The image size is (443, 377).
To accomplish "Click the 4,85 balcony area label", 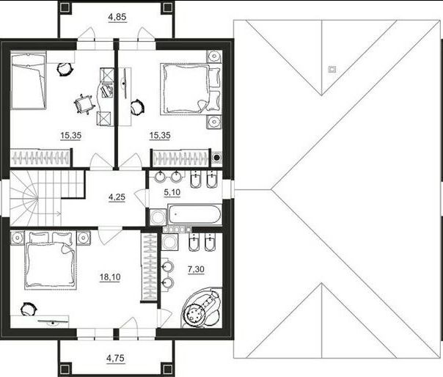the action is pyautogui.click(x=117, y=18).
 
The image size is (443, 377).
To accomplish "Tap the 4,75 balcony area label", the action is pyautogui.click(x=115, y=359).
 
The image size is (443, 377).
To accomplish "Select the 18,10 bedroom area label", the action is pyautogui.click(x=110, y=277).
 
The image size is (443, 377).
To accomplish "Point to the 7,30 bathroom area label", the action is pyautogui.click(x=196, y=270).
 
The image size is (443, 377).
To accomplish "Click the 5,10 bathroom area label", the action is pyautogui.click(x=172, y=193).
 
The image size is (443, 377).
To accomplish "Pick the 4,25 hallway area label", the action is pyautogui.click(x=117, y=197).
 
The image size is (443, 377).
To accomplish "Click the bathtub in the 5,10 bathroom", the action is pyautogui.click(x=194, y=214).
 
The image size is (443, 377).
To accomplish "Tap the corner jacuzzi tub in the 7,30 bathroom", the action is pyautogui.click(x=202, y=307).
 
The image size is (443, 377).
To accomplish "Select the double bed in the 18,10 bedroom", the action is pyautogui.click(x=51, y=260).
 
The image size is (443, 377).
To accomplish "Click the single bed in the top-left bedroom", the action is pyautogui.click(x=28, y=80).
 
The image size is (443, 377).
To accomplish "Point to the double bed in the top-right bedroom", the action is pyautogui.click(x=191, y=89).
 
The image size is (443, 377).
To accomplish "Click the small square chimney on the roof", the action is pyautogui.click(x=332, y=69).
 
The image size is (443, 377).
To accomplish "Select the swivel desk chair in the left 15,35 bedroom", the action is pyautogui.click(x=84, y=104).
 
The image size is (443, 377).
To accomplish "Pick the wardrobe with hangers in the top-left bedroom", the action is pyautogui.click(x=40, y=158).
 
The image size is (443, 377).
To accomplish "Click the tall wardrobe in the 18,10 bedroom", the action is pyautogui.click(x=149, y=267).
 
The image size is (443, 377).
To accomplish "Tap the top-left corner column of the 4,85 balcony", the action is pyautogui.click(x=65, y=7).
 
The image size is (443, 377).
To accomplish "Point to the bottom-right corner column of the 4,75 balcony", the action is pyautogui.click(x=167, y=370).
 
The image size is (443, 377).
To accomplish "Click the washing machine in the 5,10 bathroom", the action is pyautogui.click(x=158, y=217).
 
